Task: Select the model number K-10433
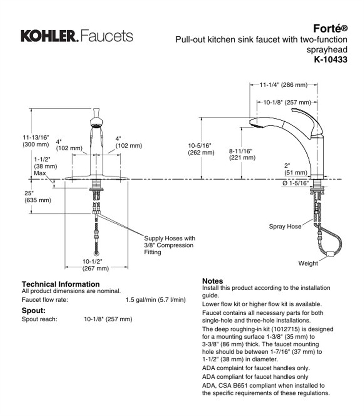(330, 60)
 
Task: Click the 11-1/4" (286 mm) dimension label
(283, 85)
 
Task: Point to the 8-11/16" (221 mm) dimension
(242, 154)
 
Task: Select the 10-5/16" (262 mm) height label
(201, 149)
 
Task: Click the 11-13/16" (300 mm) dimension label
(36, 141)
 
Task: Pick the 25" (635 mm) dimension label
(37, 197)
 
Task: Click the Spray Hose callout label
(285, 226)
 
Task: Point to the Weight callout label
(308, 263)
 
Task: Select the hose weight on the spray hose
(331, 253)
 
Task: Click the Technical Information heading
(61, 284)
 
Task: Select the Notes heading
(212, 281)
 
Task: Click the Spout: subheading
(34, 311)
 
